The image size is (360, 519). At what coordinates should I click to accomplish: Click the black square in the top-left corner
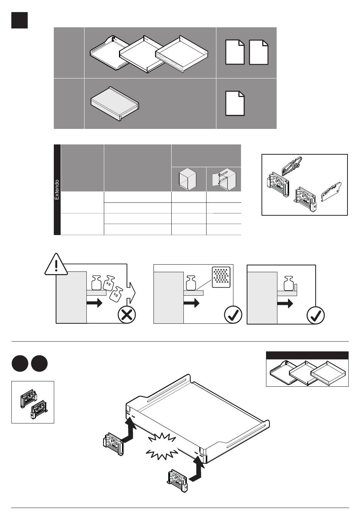[x=19, y=20]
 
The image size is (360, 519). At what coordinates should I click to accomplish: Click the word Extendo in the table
[x=57, y=190]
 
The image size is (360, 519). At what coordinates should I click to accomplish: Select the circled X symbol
[x=127, y=315]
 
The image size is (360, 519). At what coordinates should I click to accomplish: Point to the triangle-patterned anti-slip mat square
[x=221, y=277]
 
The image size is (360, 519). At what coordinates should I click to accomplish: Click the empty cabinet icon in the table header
[x=188, y=179]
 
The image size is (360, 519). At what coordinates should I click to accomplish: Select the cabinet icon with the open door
[x=224, y=179]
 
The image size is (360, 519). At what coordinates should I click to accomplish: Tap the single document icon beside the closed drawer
[x=235, y=103]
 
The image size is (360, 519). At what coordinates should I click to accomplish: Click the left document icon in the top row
[x=235, y=52]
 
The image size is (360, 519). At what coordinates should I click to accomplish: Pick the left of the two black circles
[x=19, y=363]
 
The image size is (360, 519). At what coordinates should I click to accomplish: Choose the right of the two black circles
[x=39, y=363]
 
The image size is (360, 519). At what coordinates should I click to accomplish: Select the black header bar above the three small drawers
[x=307, y=355]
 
